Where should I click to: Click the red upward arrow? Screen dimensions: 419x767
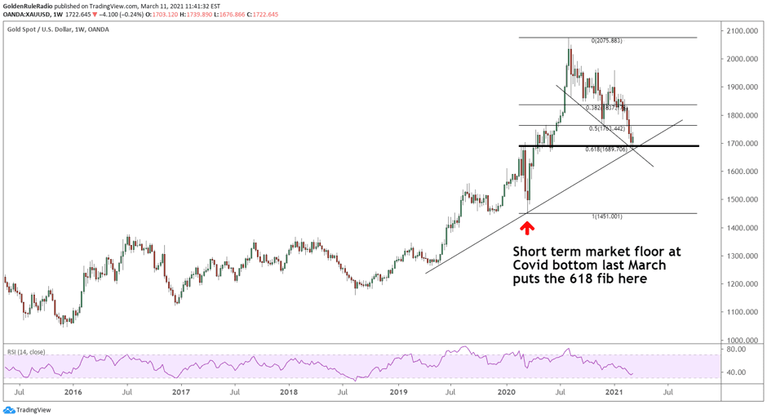[527, 227]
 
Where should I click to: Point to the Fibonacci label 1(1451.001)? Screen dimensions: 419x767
[606, 216]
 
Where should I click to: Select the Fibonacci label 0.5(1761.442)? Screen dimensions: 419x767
[607, 128]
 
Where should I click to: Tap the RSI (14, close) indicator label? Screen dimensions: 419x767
[26, 352]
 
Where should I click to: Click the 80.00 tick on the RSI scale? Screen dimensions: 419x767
[737, 349]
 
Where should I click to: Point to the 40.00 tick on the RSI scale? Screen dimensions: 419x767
[737, 372]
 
